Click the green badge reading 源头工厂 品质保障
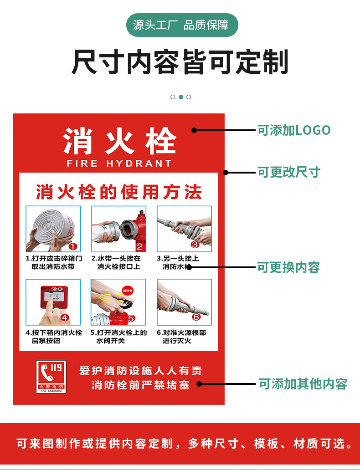tap(181, 25)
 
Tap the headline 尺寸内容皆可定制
tap(180, 62)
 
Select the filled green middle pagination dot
tap(181, 97)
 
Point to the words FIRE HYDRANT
tap(119, 163)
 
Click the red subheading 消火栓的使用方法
tap(119, 192)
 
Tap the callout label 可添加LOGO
tap(294, 130)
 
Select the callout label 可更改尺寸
tap(289, 172)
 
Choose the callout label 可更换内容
tap(288, 267)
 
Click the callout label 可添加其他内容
tap(303, 384)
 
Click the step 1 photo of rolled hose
tap(53, 229)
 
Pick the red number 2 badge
tap(140, 246)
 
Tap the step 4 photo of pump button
tap(53, 302)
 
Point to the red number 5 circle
tap(131, 319)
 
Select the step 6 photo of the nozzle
tap(184, 302)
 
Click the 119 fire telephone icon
tap(51, 377)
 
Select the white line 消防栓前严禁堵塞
tap(140, 385)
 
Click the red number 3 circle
tap(195, 244)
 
